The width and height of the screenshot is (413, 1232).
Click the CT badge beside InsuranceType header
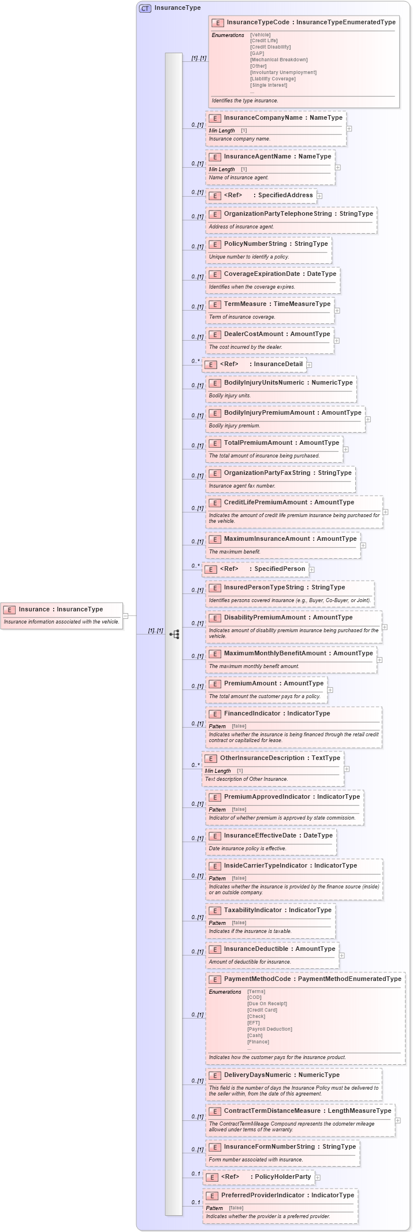[x=145, y=8]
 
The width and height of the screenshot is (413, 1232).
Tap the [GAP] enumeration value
[x=257, y=53]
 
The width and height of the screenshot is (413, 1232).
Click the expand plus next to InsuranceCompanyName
[x=349, y=129]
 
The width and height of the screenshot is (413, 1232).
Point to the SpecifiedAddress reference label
[x=285, y=196]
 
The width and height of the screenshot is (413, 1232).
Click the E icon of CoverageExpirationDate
[x=215, y=274]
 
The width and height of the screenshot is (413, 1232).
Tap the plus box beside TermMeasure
[x=337, y=311]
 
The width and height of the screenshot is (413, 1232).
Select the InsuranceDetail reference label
[x=278, y=364]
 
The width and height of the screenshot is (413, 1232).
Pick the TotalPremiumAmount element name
[x=258, y=443]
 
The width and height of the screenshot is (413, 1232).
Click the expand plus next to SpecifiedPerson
[x=311, y=570]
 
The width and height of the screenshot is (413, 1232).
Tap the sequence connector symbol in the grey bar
[x=174, y=635]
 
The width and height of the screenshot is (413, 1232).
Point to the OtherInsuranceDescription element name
[x=263, y=758]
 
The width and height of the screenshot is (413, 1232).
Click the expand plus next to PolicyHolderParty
[x=318, y=1178]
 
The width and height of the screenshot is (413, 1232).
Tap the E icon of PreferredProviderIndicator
[x=212, y=1196]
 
